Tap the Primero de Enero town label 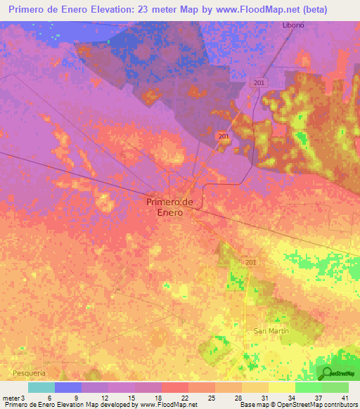pyautogui.click(x=169, y=207)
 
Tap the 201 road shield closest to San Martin pyautogui.click(x=251, y=262)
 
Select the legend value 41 pyautogui.click(x=345, y=398)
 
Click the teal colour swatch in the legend pyautogui.click(x=41, y=387)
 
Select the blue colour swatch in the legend pyautogui.click(x=68, y=387)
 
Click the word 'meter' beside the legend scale pyautogui.click(x=11, y=398)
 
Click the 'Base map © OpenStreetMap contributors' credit pyautogui.click(x=298, y=405)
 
